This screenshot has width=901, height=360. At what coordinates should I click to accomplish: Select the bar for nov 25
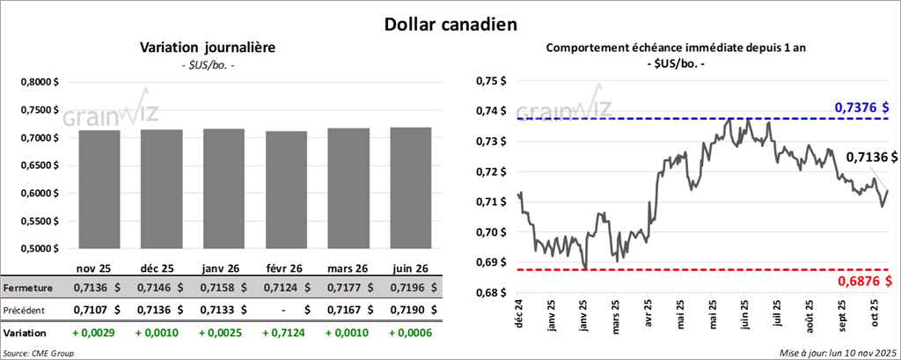click(x=99, y=189)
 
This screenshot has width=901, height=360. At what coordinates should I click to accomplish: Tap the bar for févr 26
click(x=286, y=189)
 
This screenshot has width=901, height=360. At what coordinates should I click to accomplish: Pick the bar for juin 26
click(x=411, y=188)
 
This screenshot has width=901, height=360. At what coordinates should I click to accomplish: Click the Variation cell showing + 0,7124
click(x=287, y=334)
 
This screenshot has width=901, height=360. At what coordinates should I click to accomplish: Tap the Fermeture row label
click(x=27, y=288)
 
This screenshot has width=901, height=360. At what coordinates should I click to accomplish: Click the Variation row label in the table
click(x=26, y=334)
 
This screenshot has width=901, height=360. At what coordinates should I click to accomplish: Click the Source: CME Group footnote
click(x=38, y=352)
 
